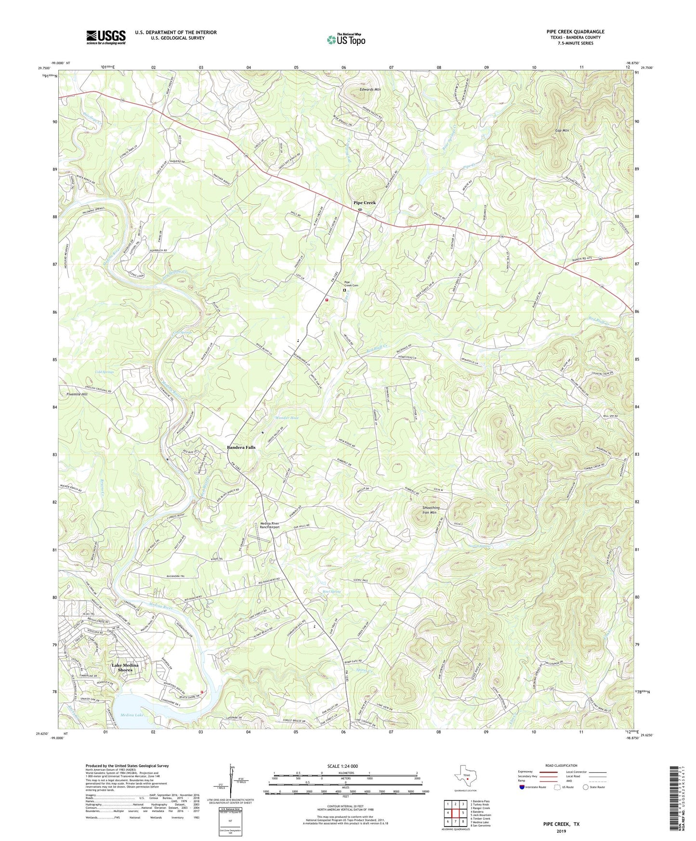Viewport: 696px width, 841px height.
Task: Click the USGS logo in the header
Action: click(x=106, y=37)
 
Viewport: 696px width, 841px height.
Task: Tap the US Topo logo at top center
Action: click(x=345, y=39)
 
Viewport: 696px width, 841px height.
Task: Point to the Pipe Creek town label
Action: click(x=364, y=203)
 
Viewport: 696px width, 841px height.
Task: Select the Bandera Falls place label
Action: click(x=241, y=447)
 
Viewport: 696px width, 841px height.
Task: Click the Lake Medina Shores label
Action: click(x=125, y=668)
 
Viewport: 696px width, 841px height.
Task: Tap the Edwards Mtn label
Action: click(x=370, y=90)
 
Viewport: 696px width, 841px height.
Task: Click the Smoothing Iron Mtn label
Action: click(x=431, y=510)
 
